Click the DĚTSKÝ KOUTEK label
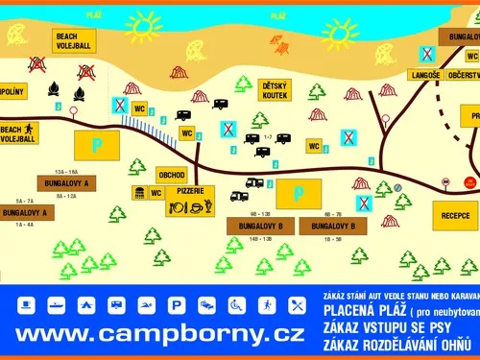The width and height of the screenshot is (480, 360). (x=280, y=91)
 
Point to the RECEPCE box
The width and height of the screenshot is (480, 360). (x=455, y=216)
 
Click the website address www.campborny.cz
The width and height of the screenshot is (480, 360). (x=161, y=334)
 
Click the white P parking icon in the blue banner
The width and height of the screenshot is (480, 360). (x=176, y=305)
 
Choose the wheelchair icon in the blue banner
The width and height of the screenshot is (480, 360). (x=236, y=305)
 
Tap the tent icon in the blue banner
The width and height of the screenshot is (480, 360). (x=86, y=305)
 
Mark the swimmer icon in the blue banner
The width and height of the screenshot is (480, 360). (x=146, y=305)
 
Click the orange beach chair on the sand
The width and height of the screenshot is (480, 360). (x=279, y=44)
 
